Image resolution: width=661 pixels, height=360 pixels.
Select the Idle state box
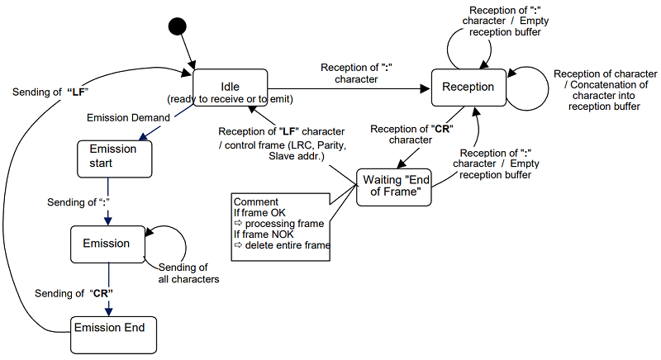230,88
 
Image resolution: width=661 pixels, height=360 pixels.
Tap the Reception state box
468,87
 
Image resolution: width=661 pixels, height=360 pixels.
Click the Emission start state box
114,157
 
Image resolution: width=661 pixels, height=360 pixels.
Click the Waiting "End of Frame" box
395,187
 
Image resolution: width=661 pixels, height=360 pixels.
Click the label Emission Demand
129,117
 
